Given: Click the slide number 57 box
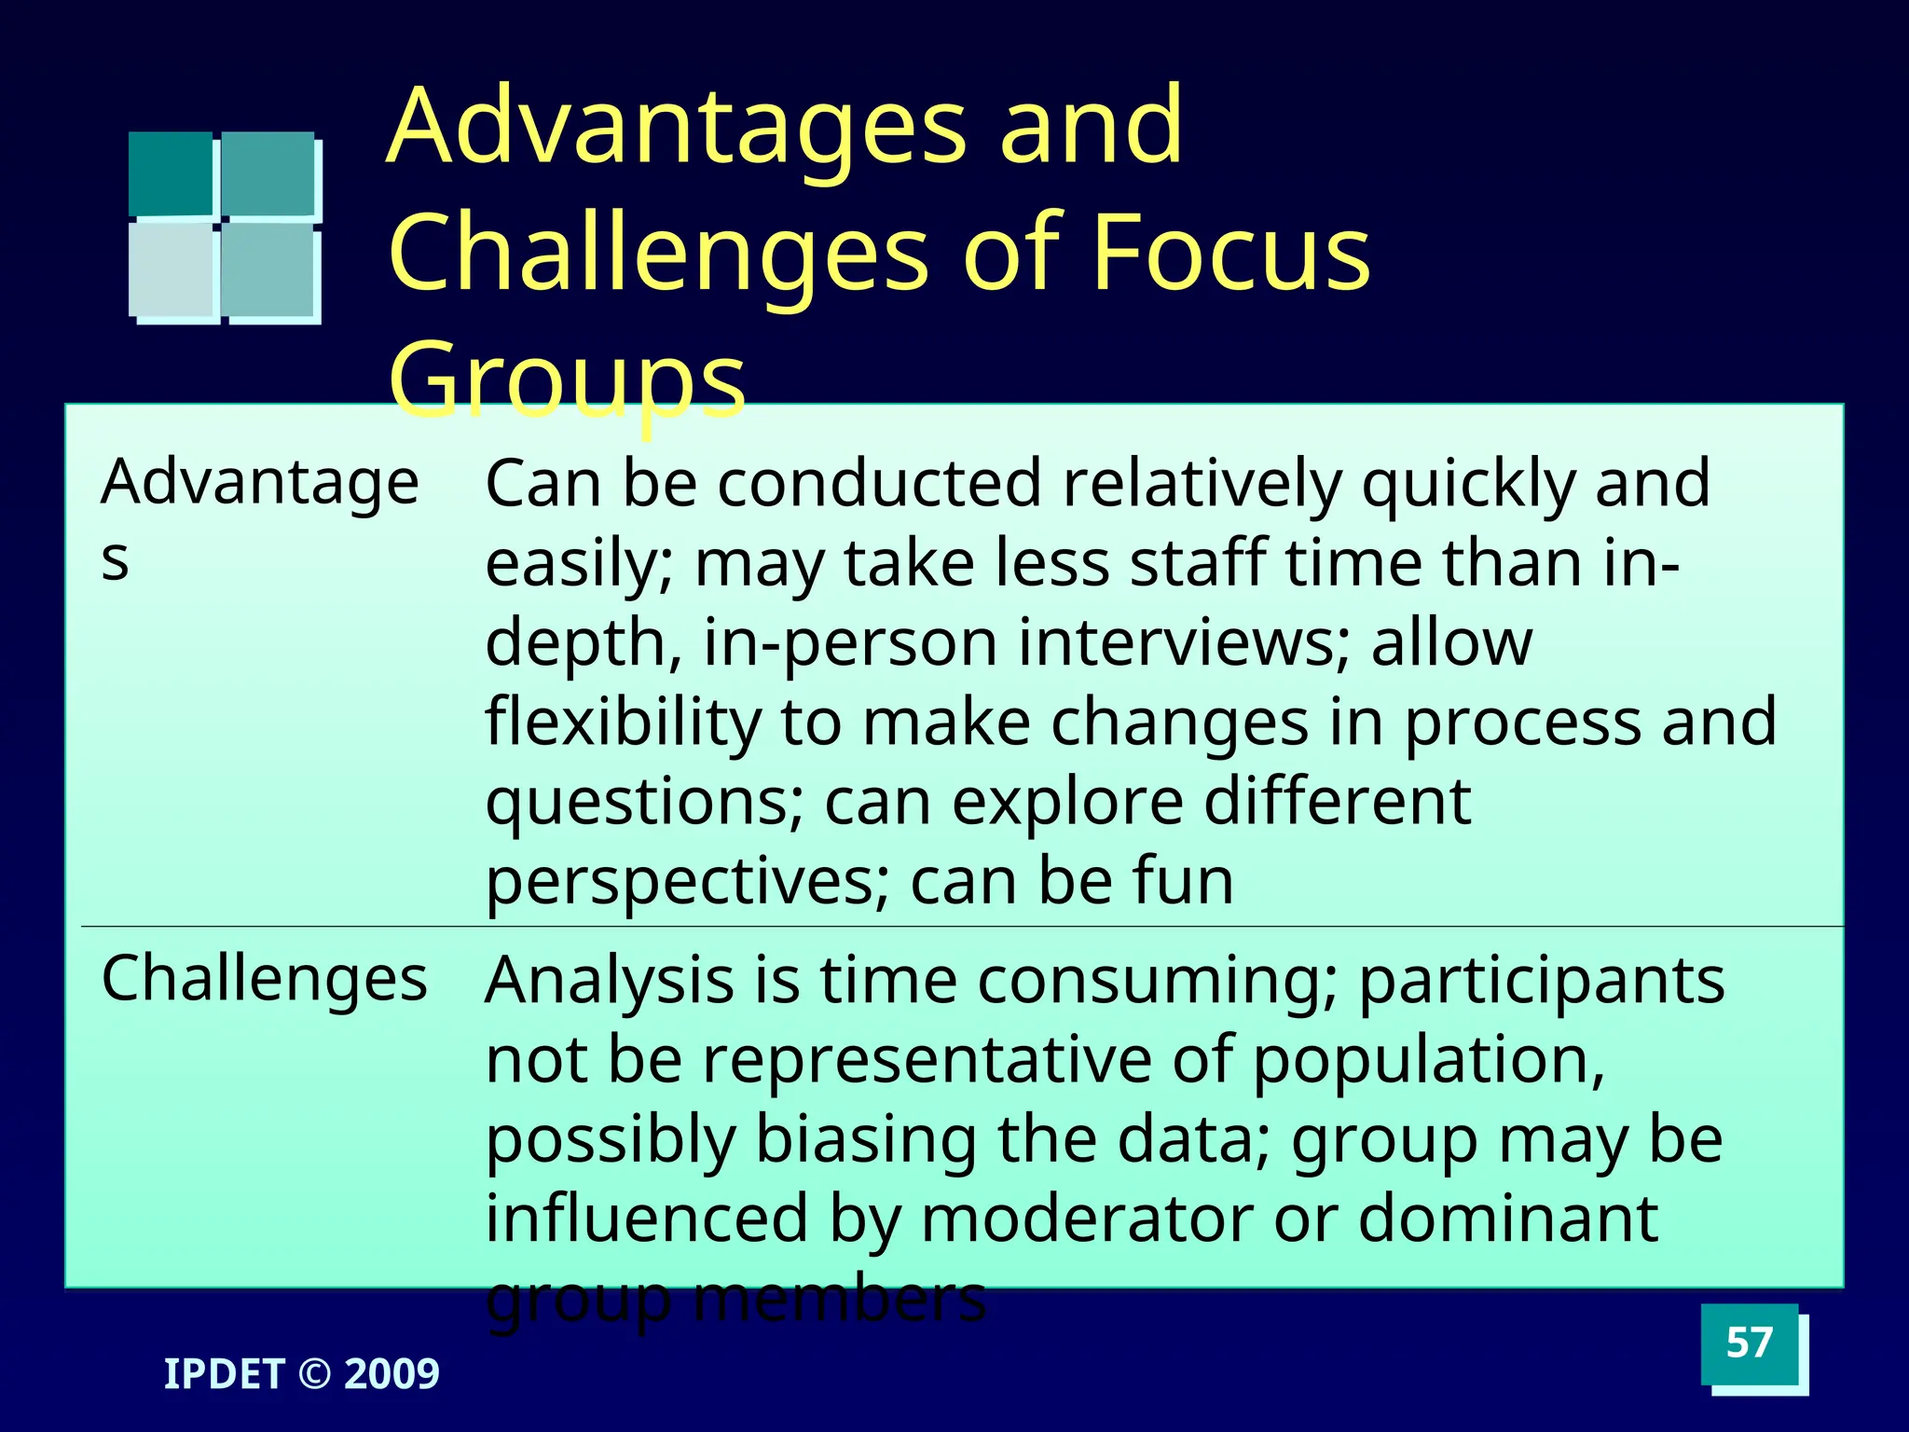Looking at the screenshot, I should [1749, 1343].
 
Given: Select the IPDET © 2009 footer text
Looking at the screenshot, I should [301, 1374].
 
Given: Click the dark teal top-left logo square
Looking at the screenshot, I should [171, 173].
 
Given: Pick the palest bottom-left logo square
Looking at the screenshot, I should [171, 269].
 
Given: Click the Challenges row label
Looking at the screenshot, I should [264, 980].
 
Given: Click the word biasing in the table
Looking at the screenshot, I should [865, 1140].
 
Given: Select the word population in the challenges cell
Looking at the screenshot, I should [1427, 1060].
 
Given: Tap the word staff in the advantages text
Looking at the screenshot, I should [1197, 564].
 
